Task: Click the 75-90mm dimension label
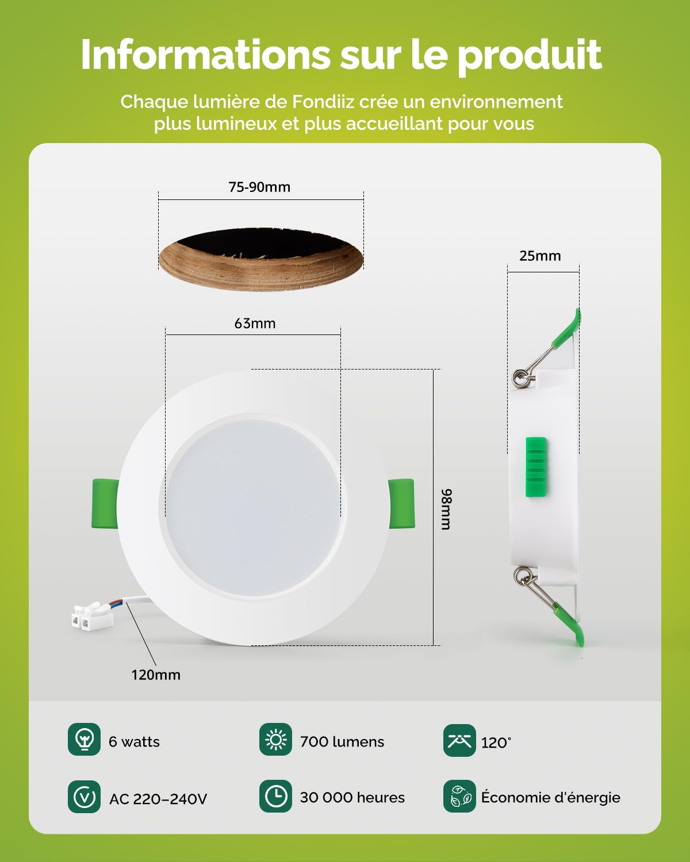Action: (259, 187)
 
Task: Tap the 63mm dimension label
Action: (255, 324)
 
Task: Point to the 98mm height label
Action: (446, 509)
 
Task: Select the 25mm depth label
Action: (540, 256)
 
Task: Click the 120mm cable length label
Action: (156, 675)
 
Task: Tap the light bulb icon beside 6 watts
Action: (84, 740)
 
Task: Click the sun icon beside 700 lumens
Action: (275, 740)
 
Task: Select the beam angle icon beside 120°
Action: (459, 740)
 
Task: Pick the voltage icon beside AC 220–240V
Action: (84, 796)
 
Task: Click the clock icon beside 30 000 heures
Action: (275, 796)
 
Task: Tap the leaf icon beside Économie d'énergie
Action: (459, 796)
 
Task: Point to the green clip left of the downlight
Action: (105, 503)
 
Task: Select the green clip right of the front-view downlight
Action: (402, 503)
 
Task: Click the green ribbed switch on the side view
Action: (536, 467)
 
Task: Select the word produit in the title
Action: (530, 56)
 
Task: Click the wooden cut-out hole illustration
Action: (261, 259)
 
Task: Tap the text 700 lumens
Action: (342, 742)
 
